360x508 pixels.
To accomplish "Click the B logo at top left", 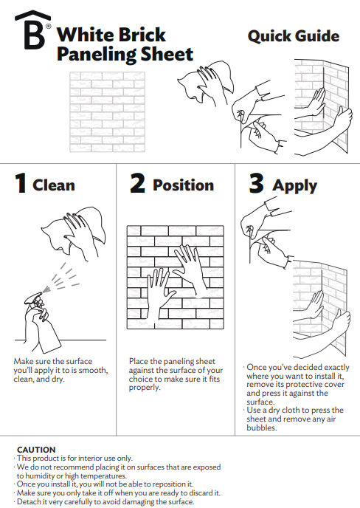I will tap(33, 32).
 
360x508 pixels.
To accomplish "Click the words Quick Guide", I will tap(293, 36).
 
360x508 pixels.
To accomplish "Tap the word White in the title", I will tap(83, 35).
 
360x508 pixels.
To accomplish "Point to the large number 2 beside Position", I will tap(137, 184).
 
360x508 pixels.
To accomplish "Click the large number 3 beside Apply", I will tap(256, 184).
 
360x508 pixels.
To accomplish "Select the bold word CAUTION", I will tap(36, 449).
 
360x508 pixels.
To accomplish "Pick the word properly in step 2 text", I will tap(145, 387).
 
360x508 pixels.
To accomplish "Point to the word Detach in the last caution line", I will tap(29, 501).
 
